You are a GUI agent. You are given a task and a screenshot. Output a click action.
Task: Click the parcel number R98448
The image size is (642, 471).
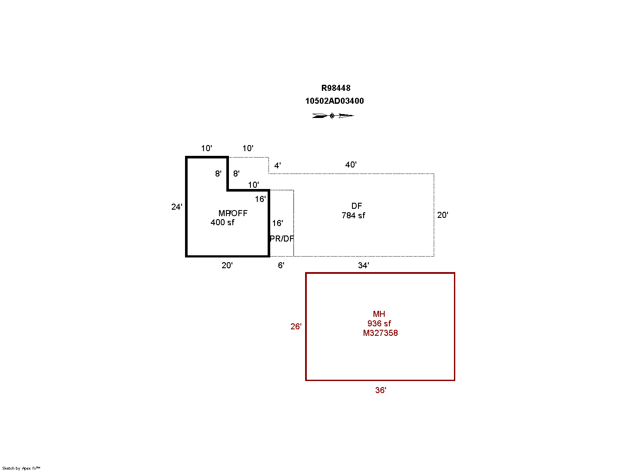coord(336,88)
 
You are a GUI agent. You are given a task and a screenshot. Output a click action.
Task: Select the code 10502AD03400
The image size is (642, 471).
coord(334,101)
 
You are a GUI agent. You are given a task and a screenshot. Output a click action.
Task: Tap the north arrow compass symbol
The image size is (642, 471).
coord(333,115)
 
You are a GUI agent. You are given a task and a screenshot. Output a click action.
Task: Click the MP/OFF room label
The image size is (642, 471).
coord(233,213)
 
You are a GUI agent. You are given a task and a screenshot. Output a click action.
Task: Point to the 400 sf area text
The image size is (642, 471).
coord(222,222)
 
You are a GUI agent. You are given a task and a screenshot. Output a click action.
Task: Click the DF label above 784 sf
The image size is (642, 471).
coord(356,206)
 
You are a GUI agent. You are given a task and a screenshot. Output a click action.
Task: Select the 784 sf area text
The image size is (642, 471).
coord(353,215)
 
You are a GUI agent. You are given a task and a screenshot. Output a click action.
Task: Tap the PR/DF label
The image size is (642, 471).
coord(282,239)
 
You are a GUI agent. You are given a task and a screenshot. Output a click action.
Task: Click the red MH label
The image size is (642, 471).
coord(379,314)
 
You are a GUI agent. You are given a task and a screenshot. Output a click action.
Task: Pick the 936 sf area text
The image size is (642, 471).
coord(379,323)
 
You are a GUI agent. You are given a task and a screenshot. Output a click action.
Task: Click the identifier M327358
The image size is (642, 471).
coord(380,333)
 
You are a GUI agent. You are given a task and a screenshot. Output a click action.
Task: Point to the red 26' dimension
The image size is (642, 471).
coord(296,326)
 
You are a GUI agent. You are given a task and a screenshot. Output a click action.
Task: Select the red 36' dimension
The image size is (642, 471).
coord(380,390)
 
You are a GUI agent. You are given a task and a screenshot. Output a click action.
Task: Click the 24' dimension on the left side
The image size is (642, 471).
coord(176,207)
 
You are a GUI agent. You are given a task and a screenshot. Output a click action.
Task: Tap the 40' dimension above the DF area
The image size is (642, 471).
coord(351,164)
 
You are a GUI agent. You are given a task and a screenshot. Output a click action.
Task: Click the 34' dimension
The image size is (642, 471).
coord(363,265)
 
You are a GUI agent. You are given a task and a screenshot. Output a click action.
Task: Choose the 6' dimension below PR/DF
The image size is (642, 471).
coord(281,265)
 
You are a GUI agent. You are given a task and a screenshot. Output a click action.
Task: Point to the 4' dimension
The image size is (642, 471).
coord(278,165)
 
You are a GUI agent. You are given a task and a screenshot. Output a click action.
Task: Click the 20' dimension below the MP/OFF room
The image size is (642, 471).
coord(227,265)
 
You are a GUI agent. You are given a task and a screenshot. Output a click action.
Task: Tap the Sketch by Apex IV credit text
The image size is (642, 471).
coord(21,468)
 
